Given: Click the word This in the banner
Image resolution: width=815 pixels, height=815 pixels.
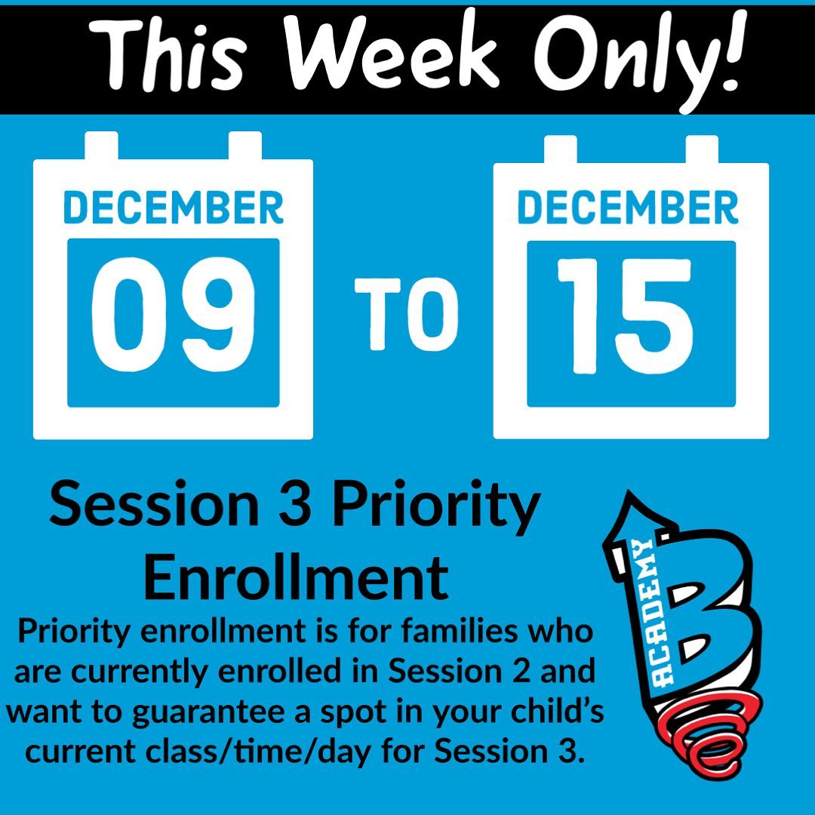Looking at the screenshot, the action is [x=167, y=55].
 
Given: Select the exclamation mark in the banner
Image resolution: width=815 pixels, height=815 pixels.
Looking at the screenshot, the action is [x=733, y=49].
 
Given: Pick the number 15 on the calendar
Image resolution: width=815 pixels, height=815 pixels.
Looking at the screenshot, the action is [x=625, y=316].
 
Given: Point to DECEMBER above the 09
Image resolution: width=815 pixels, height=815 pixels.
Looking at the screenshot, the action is [x=173, y=208].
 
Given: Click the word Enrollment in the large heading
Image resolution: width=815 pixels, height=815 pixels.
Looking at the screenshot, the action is [x=296, y=577].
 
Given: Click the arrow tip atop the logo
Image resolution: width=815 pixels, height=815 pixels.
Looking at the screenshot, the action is [x=629, y=492].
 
